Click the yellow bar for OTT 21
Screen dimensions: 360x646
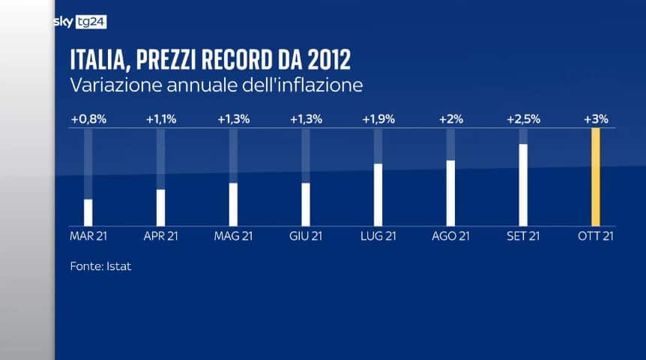click(596, 177)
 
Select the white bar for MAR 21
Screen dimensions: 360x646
click(88, 212)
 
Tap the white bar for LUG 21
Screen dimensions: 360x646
click(378, 194)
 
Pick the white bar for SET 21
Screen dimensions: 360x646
click(523, 184)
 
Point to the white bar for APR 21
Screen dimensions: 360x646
click(160, 207)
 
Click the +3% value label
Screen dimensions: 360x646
click(596, 118)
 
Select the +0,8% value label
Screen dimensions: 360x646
click(88, 118)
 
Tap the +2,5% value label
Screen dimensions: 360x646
click(523, 118)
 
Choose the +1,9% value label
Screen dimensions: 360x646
click(378, 118)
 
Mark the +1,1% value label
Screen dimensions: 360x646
click(160, 118)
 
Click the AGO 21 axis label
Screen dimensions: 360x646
click(450, 236)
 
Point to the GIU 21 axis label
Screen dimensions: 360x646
click(306, 236)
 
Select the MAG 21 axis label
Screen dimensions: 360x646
click(233, 236)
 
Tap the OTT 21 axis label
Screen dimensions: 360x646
click(596, 236)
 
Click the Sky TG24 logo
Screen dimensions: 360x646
click(80, 22)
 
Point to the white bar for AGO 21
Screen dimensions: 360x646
click(450, 193)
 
